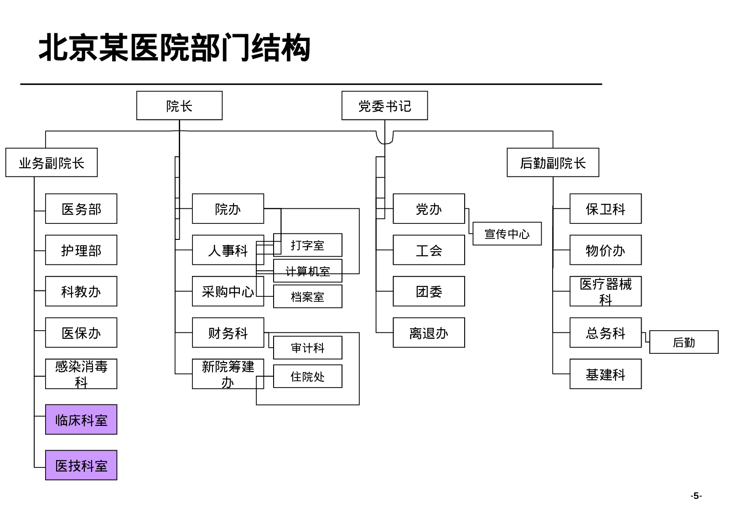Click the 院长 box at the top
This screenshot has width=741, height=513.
pos(179,106)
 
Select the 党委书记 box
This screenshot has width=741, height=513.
pos(384,106)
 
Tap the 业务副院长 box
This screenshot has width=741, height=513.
pos(52,163)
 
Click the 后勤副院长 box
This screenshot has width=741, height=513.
pos(553,163)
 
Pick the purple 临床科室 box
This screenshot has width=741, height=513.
pos(81,420)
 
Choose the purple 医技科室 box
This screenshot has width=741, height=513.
pos(81,465)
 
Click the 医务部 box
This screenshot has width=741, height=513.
pos(81,209)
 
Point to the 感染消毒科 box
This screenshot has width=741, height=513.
pos(81,374)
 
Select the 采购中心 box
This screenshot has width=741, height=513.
pos(227,291)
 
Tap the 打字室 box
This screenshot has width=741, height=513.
pos(308,245)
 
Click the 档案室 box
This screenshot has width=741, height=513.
pos(308,297)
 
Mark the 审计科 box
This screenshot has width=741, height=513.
pos(308,348)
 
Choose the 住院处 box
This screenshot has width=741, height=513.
pos(308,377)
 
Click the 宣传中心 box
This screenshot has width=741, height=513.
pos(507,234)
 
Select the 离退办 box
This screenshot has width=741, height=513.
pos(429,333)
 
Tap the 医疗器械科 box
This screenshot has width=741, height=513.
pos(605,291)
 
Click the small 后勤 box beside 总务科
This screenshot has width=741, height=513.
pos(684,342)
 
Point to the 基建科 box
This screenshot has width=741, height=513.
pos(605,374)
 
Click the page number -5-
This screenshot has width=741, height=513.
pos(696,496)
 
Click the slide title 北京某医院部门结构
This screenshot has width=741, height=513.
pos(175,48)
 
